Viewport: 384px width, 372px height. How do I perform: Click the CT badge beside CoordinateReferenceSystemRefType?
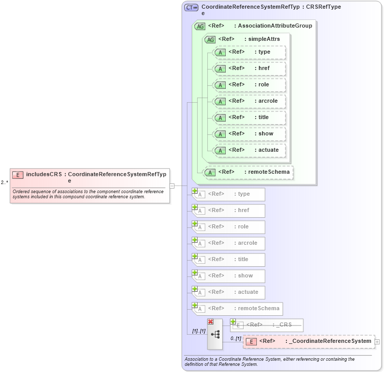pos(191,8)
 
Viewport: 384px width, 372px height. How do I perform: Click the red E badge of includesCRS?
pos(18,175)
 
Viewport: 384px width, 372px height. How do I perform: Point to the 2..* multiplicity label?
pos(5,182)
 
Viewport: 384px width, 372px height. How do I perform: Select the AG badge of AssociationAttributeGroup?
pos(200,26)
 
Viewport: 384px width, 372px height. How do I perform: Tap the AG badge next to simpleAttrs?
pos(210,39)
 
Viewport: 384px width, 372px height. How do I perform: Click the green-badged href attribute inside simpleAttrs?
pos(249,68)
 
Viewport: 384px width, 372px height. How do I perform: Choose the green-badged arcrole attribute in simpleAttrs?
pos(249,101)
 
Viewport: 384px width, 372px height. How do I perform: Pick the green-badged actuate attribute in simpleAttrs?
pos(249,150)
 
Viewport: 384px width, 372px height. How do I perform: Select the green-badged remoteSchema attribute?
pos(248,172)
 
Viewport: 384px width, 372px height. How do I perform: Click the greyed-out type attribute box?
pos(228,194)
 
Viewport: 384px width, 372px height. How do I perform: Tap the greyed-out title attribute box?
pos(228,260)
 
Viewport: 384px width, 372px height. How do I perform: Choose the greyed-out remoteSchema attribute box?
pos(237,309)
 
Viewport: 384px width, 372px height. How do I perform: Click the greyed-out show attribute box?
pos(228,276)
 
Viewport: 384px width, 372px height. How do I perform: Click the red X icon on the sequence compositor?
pos(210,321)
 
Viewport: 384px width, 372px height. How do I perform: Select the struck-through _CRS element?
pos(267,325)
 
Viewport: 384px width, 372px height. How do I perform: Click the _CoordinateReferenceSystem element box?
pos(308,341)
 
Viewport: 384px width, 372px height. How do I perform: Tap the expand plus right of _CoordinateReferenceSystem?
pos(377,341)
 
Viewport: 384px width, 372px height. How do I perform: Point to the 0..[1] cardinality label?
pos(235,338)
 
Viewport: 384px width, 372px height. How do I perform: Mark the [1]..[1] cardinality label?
pos(199,331)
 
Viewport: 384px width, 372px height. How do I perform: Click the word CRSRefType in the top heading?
pos(323,7)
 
